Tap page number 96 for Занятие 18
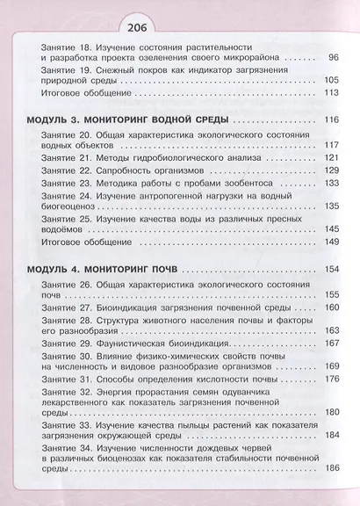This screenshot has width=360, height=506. (x=332, y=58)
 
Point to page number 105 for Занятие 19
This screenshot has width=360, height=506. (x=329, y=80)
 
